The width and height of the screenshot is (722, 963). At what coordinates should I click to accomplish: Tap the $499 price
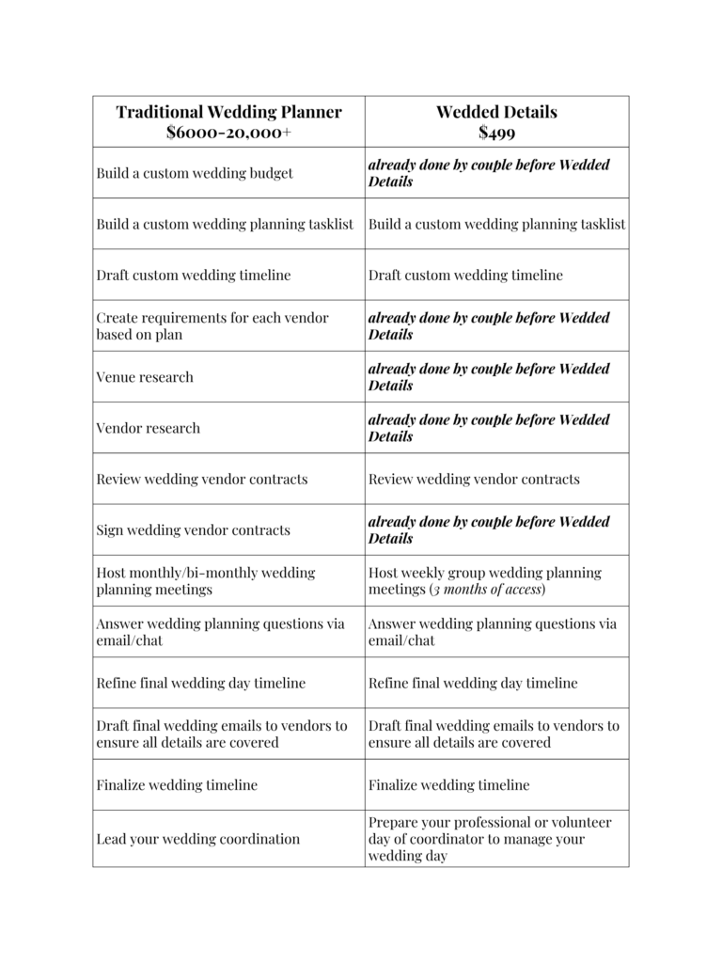[496, 133]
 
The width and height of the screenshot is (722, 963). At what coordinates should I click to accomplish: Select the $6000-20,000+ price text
[228, 133]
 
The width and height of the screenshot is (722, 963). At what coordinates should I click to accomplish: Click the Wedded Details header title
[496, 112]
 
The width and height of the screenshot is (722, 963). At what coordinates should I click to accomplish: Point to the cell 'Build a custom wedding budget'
[195, 173]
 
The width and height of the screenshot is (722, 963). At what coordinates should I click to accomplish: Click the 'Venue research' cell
[145, 377]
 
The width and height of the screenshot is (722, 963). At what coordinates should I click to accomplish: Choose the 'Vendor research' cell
[148, 428]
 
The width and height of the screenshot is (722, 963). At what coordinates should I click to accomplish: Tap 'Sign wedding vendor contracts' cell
[193, 530]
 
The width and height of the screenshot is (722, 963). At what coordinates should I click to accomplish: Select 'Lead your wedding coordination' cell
[197, 839]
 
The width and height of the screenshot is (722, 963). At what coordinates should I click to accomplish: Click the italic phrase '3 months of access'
[488, 590]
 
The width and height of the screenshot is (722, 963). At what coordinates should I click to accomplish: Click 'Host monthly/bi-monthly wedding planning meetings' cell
[205, 581]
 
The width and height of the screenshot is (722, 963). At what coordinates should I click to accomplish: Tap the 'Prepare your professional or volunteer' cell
[490, 839]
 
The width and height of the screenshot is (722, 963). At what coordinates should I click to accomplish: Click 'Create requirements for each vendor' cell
[212, 326]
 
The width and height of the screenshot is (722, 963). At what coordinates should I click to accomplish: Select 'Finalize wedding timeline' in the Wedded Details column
[448, 785]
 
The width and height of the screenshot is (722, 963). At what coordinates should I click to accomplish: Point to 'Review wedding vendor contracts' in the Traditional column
[201, 480]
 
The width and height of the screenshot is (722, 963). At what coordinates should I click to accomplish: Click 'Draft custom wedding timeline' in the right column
[465, 276]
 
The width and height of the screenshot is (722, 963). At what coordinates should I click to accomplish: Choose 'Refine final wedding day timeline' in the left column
[200, 684]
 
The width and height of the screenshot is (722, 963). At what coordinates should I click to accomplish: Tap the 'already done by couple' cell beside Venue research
[489, 377]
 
